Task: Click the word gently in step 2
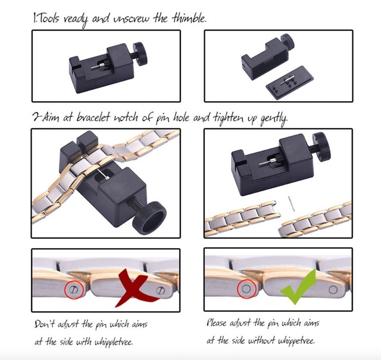point(274,119)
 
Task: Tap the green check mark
point(298,287)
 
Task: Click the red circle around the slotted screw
point(74,289)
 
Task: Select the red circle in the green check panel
point(246,289)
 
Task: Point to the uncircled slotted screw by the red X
point(161,290)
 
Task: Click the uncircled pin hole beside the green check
point(333,289)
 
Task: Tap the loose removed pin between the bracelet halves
point(292,204)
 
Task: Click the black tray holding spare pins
point(290,83)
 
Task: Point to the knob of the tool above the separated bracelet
point(321,146)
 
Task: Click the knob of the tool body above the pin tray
point(287,42)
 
